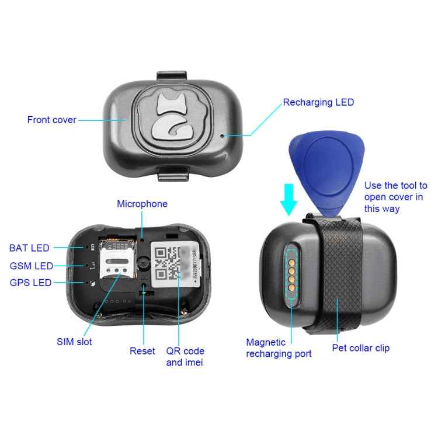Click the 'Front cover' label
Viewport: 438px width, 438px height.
[51, 120]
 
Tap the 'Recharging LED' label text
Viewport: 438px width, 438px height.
[318, 103]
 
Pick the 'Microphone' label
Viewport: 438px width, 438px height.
[142, 204]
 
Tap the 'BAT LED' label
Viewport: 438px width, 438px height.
[29, 248]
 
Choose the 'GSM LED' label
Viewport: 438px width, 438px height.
[31, 266]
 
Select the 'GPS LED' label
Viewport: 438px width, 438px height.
[30, 283]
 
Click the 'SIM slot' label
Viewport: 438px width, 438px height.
[74, 342]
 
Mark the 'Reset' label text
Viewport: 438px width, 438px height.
[142, 351]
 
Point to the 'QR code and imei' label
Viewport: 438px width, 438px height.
[185, 357]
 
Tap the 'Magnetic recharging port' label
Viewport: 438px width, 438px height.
[279, 348]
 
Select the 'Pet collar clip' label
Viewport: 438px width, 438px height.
[360, 348]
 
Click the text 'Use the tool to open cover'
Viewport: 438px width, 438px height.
[395, 197]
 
